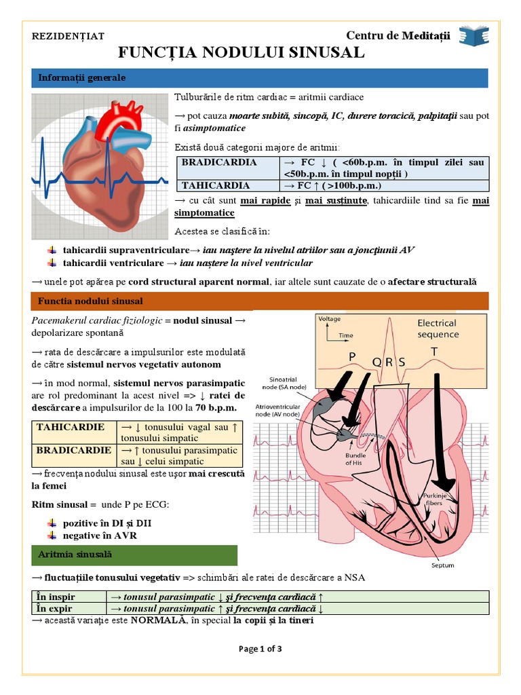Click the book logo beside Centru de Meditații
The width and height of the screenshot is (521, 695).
click(474, 36)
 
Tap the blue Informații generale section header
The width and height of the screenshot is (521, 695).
click(260, 78)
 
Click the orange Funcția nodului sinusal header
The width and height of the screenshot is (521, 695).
click(260, 301)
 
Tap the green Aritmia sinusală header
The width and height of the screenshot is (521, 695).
click(134, 555)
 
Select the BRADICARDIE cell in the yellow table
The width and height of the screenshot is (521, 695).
click(74, 450)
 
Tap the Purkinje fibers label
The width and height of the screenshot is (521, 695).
click(434, 500)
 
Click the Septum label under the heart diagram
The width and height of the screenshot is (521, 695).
click(442, 565)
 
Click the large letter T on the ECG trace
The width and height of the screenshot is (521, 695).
click(435, 351)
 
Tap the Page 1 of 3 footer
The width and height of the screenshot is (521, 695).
click(260, 649)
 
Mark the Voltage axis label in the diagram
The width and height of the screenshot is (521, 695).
click(330, 318)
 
